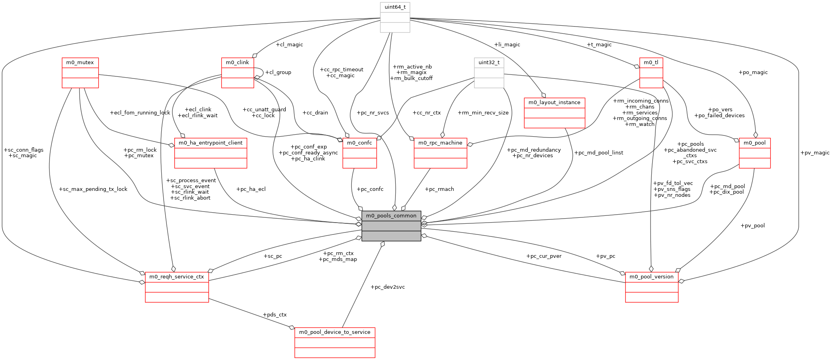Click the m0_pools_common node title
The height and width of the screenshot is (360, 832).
pyautogui.click(x=391, y=216)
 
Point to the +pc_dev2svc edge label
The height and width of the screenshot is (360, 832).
pyautogui.click(x=387, y=287)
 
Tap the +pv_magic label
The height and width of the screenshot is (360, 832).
pyautogui.click(x=815, y=153)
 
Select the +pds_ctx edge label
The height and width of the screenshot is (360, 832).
pyautogui.click(x=274, y=315)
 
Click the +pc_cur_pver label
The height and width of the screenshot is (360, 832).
pyautogui.click(x=544, y=256)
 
